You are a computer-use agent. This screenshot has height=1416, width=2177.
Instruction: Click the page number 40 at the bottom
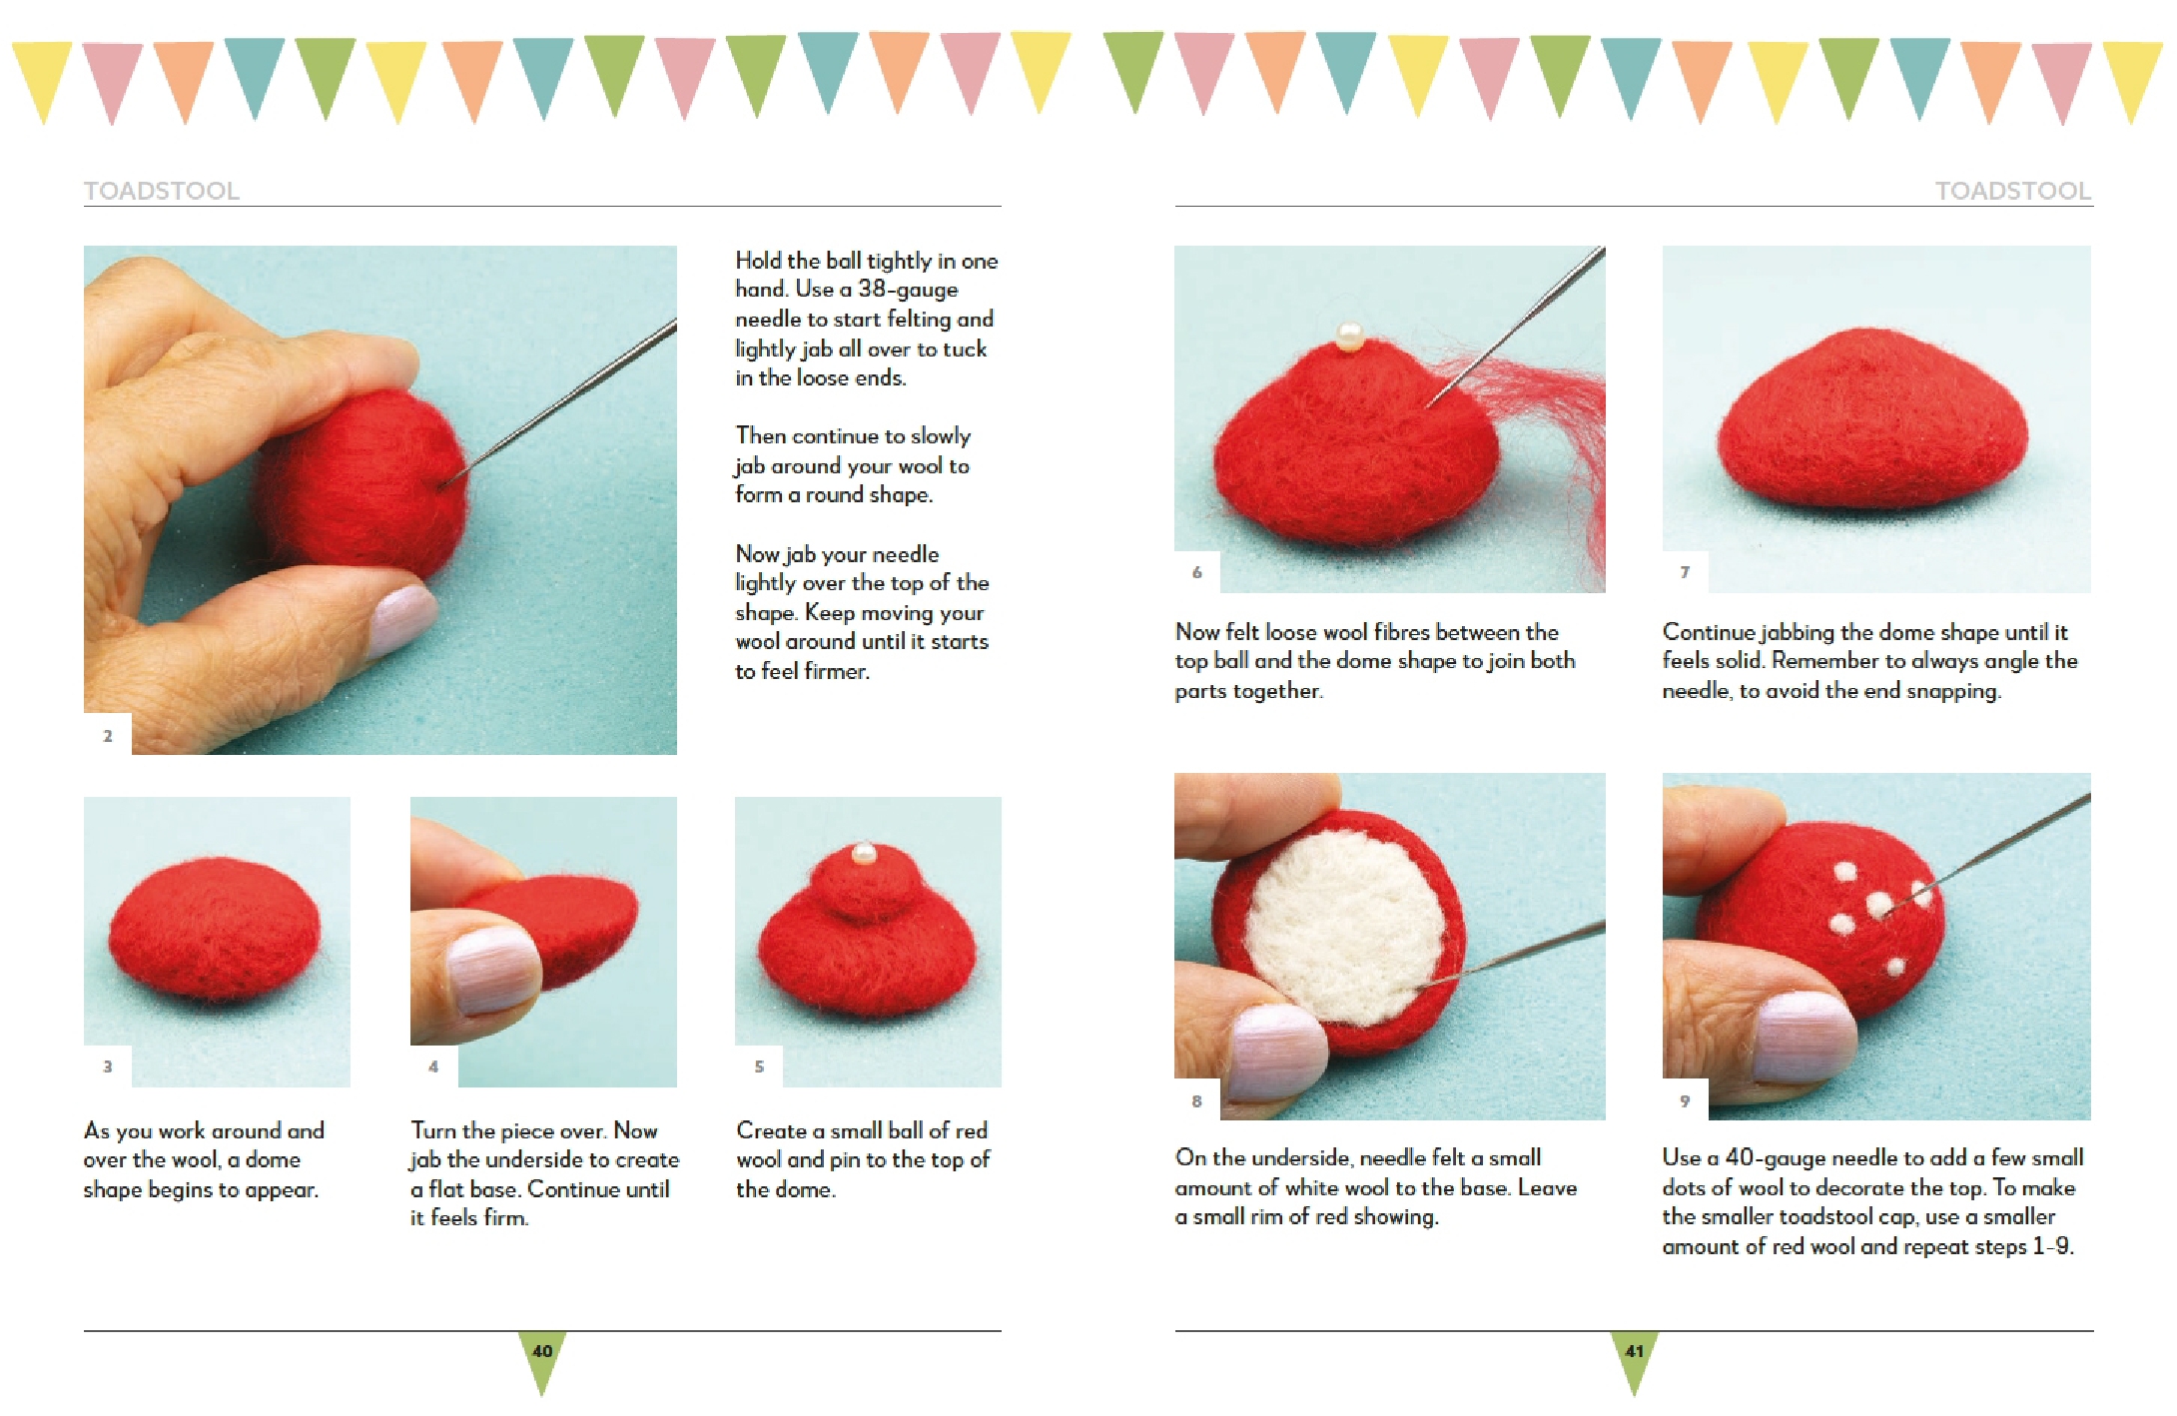(542, 1351)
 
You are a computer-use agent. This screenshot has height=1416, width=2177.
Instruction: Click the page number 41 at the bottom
(1634, 1351)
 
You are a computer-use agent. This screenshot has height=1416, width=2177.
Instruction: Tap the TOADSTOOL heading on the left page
(162, 191)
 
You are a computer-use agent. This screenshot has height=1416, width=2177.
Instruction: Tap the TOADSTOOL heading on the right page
(2012, 191)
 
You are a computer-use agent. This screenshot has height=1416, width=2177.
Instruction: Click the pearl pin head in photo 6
(1349, 336)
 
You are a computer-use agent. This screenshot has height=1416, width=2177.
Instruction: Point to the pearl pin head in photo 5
(864, 854)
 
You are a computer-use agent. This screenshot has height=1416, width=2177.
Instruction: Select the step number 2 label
(108, 736)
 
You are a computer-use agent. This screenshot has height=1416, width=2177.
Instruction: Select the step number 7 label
(1685, 572)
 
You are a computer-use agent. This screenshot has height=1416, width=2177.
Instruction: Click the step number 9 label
(1685, 1100)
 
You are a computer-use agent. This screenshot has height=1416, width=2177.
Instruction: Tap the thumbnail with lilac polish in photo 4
(491, 970)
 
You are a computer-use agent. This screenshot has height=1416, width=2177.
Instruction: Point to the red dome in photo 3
(215, 934)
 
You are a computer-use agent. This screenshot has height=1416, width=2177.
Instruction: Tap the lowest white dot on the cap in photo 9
(1894, 966)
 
